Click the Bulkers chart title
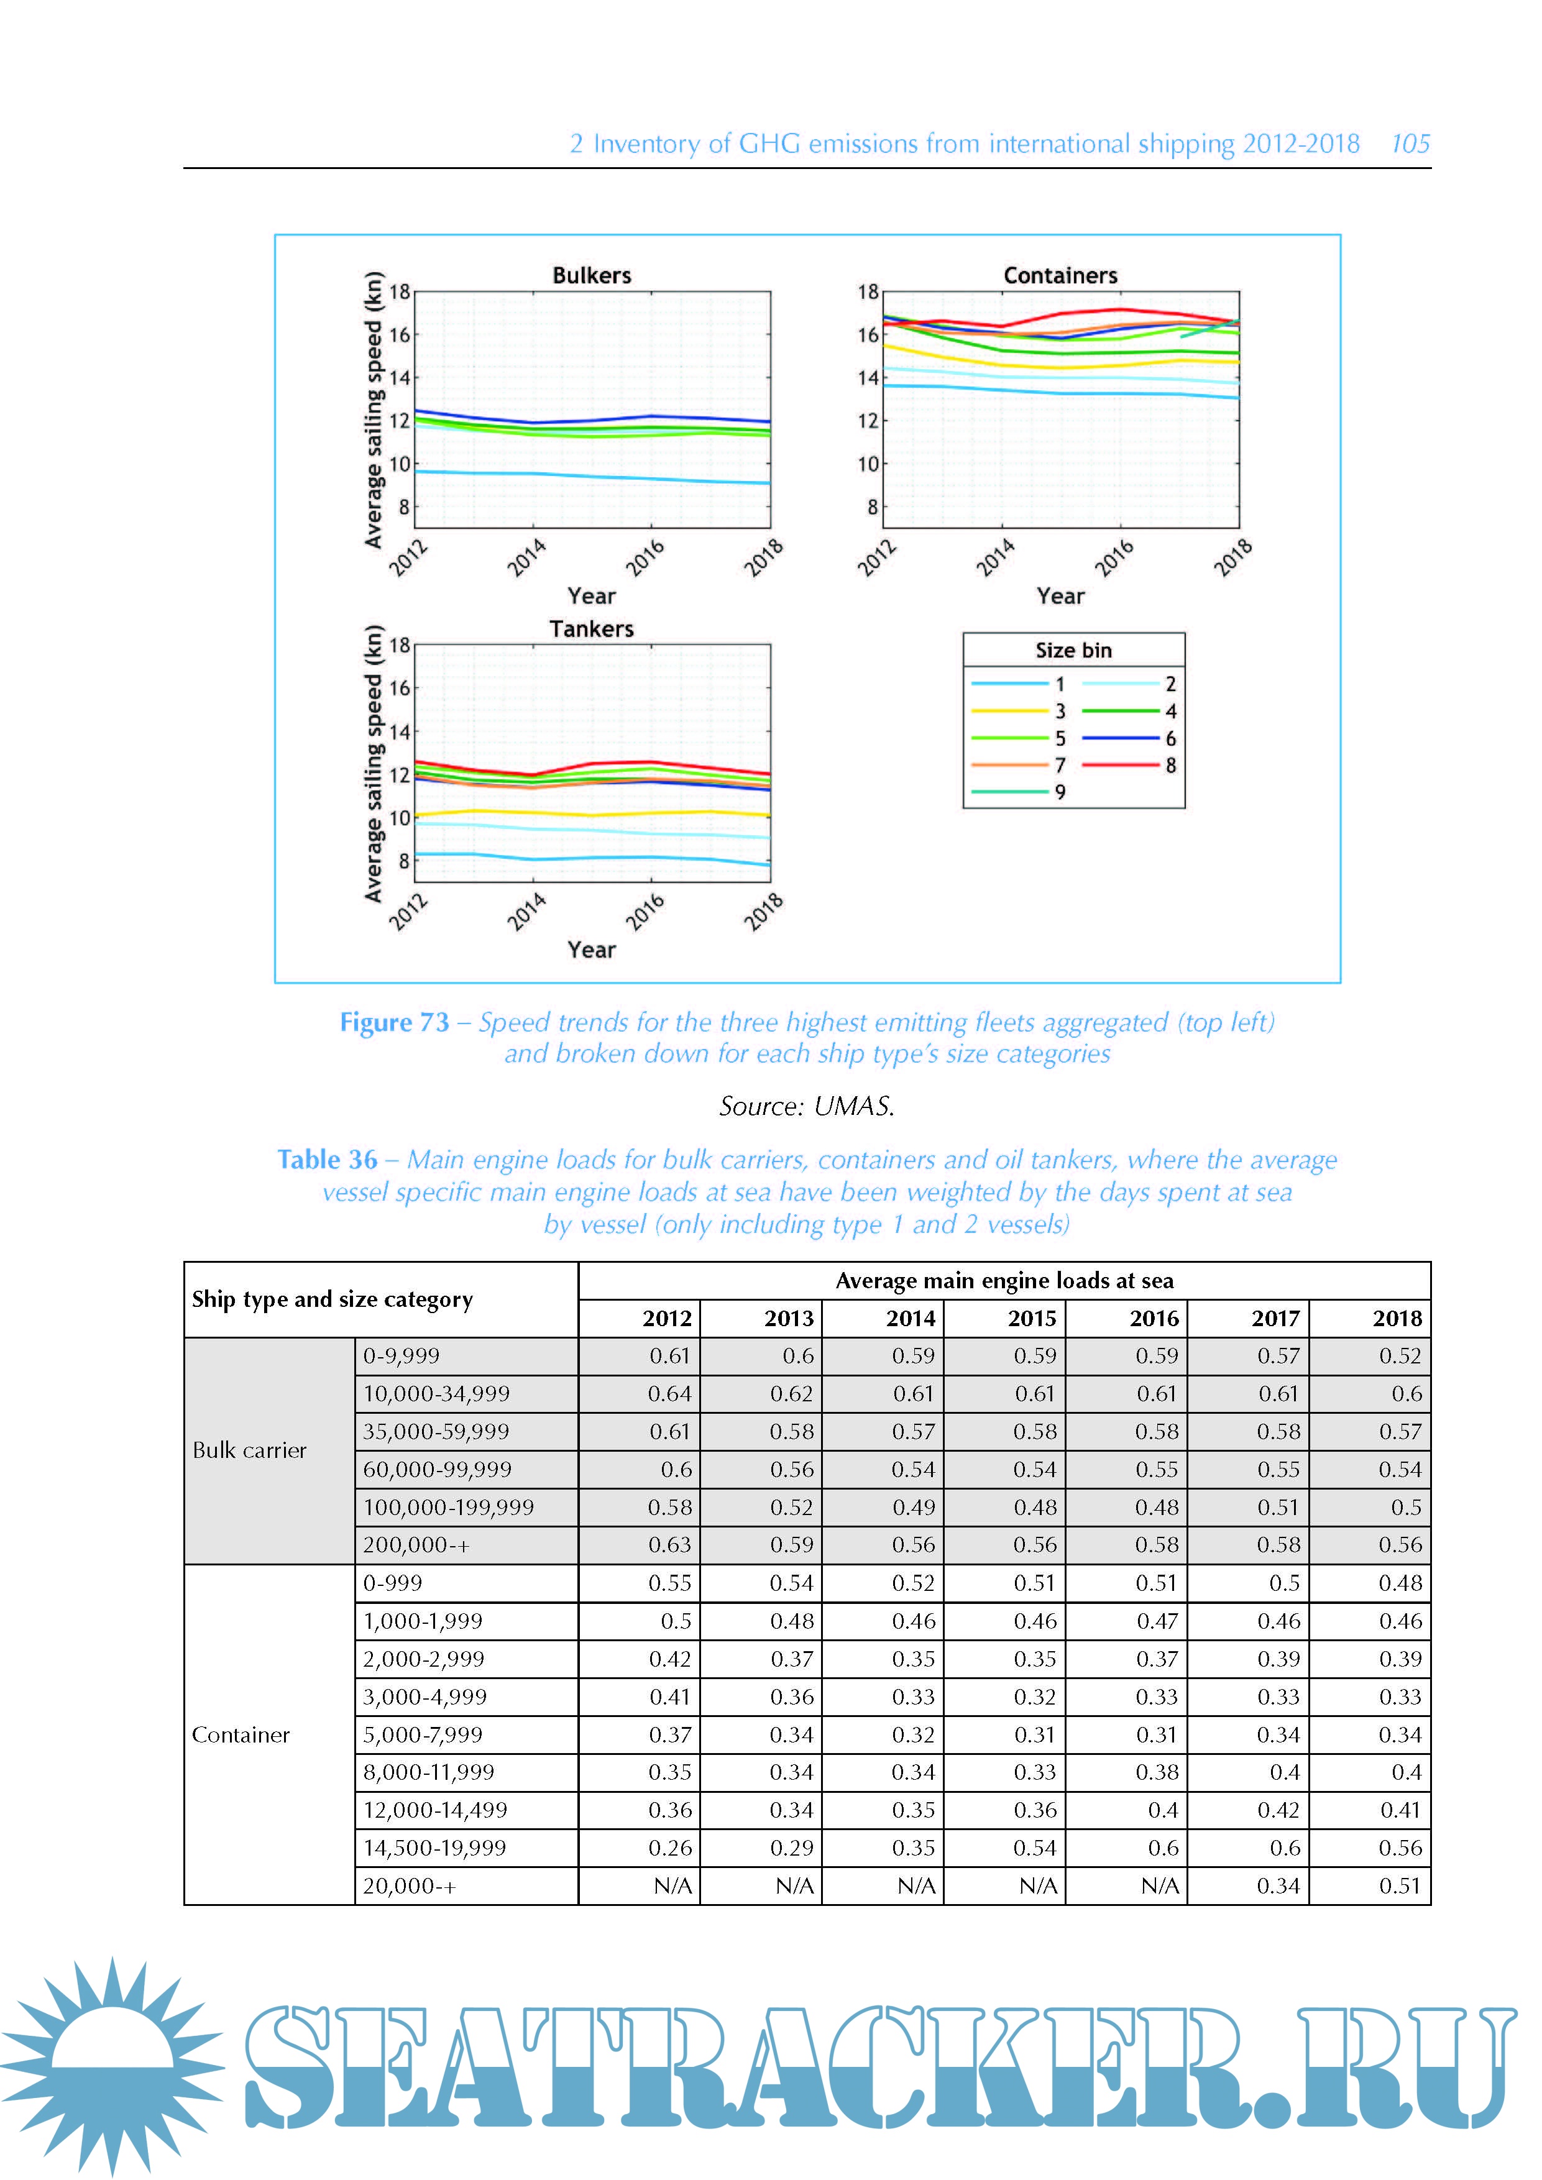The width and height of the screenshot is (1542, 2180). [592, 275]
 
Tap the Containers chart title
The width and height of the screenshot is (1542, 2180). [1060, 275]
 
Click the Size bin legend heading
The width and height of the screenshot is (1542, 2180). [1073, 651]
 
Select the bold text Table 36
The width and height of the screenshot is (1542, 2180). [327, 1160]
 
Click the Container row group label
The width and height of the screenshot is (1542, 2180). [241, 1734]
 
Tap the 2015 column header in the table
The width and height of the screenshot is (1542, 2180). [1032, 1318]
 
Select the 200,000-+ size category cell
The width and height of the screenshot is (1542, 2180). [416, 1545]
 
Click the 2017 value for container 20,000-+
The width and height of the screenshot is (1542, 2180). [1278, 1885]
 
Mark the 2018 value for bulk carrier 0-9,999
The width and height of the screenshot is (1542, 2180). [1400, 1356]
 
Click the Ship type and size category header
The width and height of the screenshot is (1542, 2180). [333, 1299]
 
